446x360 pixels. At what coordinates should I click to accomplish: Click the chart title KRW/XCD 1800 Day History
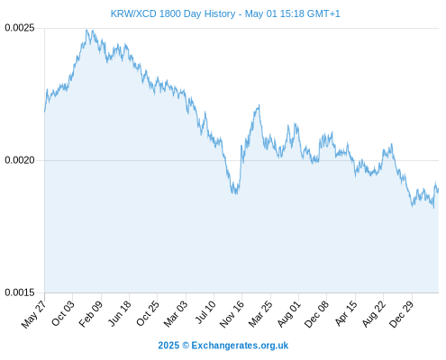click(x=173, y=13)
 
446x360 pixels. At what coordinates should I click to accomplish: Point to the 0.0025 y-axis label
click(x=20, y=28)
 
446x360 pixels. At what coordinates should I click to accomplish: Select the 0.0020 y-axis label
click(x=20, y=160)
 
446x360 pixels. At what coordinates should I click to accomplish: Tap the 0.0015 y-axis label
click(x=20, y=292)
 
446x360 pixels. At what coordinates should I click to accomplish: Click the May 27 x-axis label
click(x=33, y=314)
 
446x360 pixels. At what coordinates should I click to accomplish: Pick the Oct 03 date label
click(x=62, y=313)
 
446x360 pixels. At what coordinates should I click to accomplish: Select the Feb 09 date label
click(x=91, y=313)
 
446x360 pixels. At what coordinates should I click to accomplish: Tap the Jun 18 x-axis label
click(x=119, y=313)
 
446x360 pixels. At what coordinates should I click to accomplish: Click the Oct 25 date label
click(x=147, y=313)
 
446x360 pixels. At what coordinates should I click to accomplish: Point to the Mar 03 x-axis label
click(x=176, y=313)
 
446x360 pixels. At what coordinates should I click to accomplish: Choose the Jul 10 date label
click(x=205, y=312)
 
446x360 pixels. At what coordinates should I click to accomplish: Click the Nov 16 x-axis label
click(x=232, y=314)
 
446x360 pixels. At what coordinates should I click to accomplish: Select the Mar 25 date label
click(x=260, y=313)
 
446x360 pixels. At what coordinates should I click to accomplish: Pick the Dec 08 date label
click(x=316, y=314)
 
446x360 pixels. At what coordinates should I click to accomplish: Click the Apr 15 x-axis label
click(x=346, y=313)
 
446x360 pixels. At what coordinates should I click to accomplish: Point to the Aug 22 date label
click(x=373, y=314)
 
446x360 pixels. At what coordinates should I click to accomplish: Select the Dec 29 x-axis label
click(x=401, y=314)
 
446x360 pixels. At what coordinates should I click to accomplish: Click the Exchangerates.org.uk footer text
click(x=240, y=346)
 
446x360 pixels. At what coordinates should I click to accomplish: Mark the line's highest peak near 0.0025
click(x=86, y=30)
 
